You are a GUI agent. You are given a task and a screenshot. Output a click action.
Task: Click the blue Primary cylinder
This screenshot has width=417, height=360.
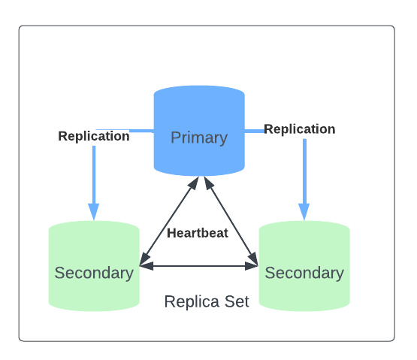199,131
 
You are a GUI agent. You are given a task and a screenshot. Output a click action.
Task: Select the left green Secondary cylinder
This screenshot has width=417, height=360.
94,266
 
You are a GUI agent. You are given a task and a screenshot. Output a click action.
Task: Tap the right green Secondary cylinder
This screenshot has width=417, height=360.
304,266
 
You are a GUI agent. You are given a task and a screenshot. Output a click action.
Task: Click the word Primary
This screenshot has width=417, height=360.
199,138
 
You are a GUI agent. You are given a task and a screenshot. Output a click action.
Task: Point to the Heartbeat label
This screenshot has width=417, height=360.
198,233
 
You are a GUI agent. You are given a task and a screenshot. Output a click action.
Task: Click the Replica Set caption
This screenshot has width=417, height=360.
207,301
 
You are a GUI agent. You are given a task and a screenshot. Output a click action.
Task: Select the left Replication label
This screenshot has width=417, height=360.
94,136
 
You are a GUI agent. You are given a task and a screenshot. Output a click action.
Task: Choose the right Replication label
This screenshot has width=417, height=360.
300,129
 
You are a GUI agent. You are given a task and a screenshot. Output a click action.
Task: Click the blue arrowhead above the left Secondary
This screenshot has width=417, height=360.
94,212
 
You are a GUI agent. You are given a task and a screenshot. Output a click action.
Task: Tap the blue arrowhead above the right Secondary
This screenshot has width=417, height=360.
304,212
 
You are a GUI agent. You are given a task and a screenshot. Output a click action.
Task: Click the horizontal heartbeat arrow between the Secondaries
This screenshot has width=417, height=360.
198,266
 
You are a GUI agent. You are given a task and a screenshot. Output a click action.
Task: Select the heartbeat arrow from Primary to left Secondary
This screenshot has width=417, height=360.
169,221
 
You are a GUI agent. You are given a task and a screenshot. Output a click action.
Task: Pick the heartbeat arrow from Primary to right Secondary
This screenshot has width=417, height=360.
231,221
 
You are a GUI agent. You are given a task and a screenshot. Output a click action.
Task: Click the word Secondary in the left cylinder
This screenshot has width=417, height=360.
94,274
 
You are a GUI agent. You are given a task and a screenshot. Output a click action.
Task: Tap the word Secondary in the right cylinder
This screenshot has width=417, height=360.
304,274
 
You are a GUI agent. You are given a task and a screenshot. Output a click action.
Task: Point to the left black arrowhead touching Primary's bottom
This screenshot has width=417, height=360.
193,183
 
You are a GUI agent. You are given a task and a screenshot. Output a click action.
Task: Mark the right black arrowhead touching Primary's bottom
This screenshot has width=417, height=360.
209,183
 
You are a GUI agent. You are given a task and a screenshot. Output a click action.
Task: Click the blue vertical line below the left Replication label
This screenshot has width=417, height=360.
94,175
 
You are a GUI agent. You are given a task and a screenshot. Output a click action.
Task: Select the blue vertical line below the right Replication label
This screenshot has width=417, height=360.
304,171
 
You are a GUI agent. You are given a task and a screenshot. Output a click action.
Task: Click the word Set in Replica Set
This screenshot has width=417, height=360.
237,301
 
